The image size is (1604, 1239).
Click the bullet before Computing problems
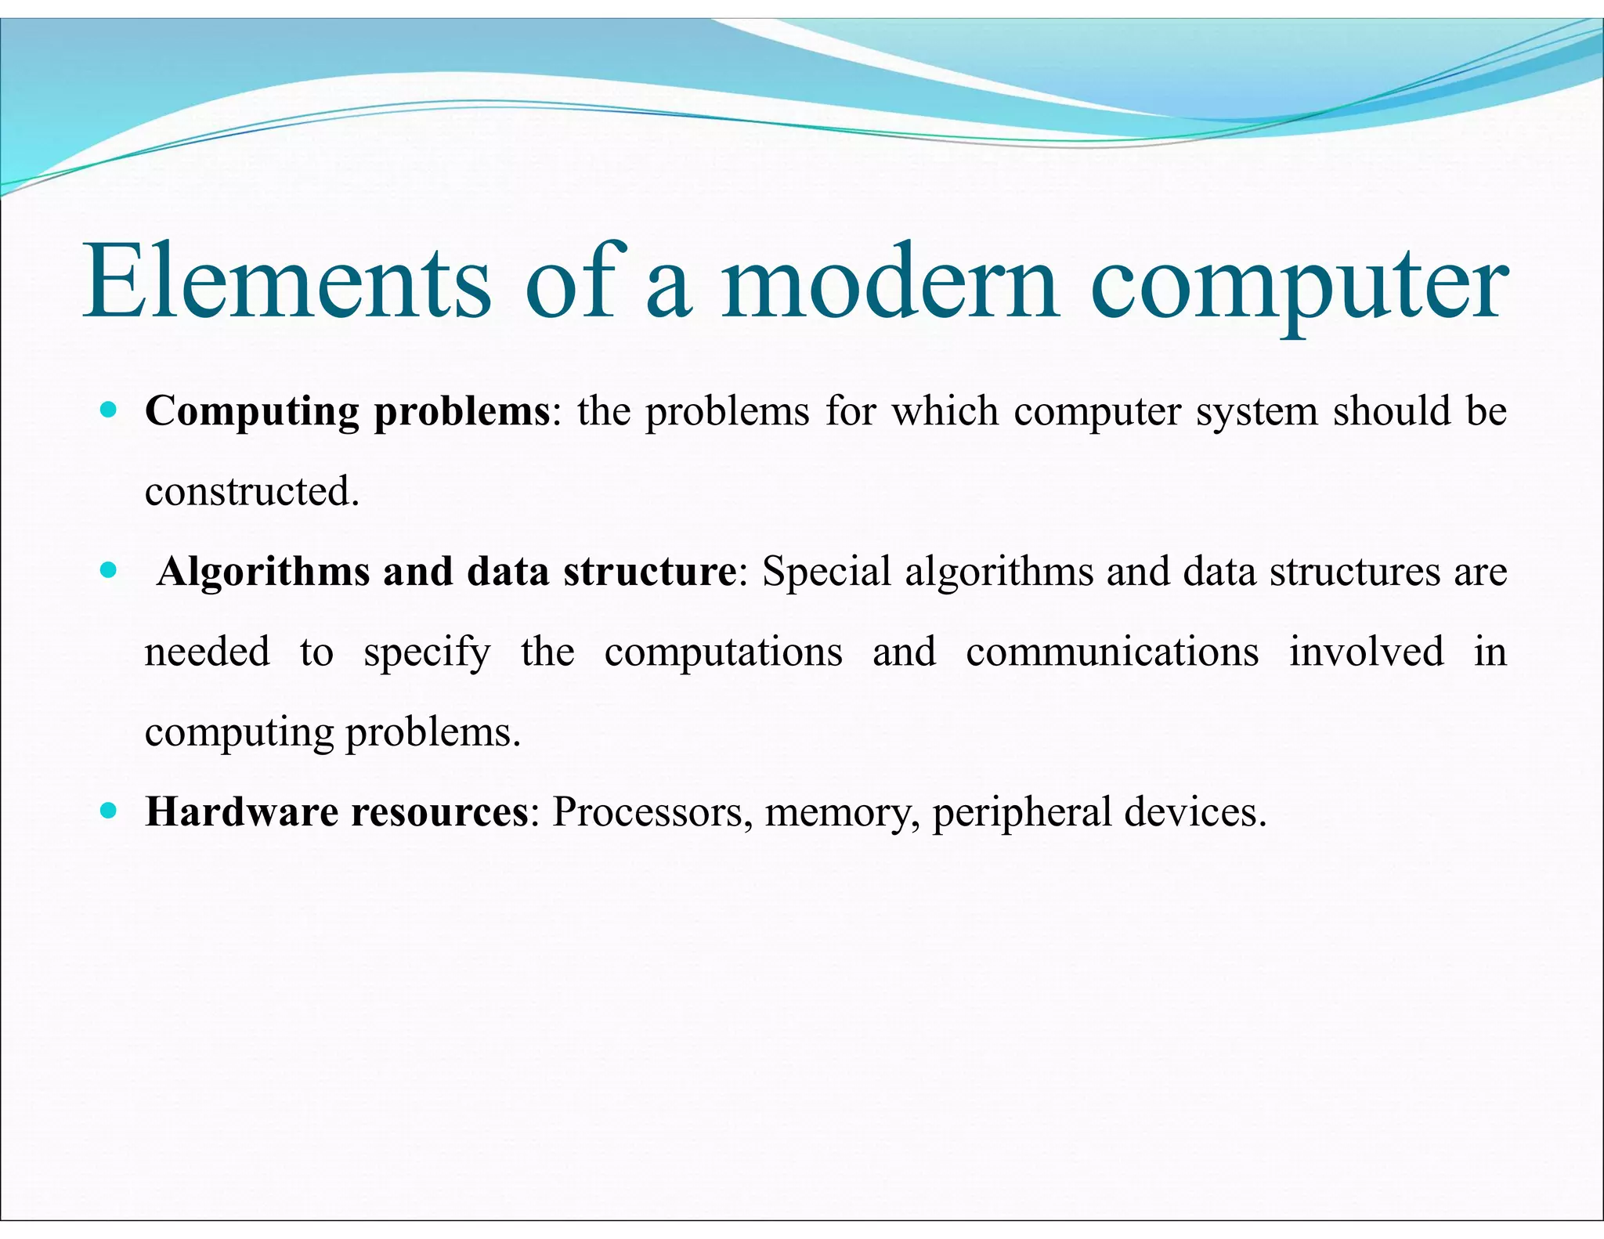pos(109,409)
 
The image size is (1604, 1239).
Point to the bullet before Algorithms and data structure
pos(109,569)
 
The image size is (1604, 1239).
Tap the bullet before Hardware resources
pos(109,810)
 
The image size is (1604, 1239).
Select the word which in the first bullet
pos(945,411)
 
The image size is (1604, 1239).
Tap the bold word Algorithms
pos(263,573)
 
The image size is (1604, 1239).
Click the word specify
pos(428,653)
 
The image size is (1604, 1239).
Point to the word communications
pos(1112,652)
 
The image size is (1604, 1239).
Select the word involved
pos(1367,652)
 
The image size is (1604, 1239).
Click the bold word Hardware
pos(241,811)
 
